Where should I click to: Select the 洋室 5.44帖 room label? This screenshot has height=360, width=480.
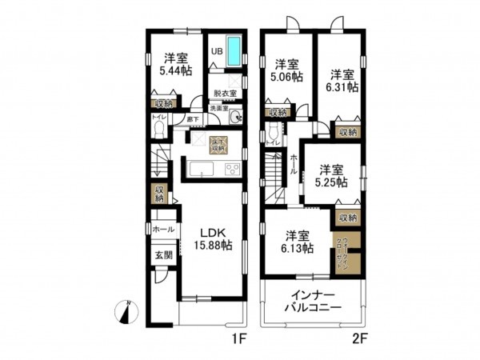click(x=177, y=64)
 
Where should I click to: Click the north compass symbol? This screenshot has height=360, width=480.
click(x=129, y=309)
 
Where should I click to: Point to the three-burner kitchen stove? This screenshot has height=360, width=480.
click(x=232, y=170)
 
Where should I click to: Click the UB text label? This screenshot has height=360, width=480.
click(x=216, y=52)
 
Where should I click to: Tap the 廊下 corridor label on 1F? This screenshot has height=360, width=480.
click(x=192, y=119)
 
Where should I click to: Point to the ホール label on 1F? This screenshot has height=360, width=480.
click(x=162, y=229)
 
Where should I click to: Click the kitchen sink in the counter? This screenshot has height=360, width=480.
click(x=200, y=170)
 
